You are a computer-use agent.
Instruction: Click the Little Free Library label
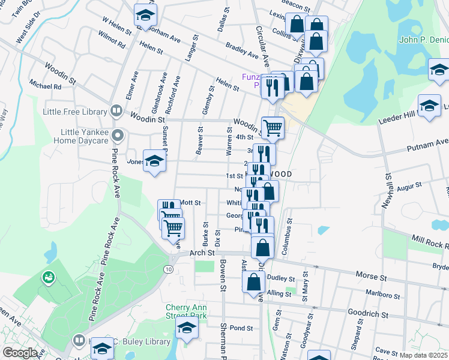point(74,111)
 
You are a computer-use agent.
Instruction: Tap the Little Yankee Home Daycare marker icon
point(117,135)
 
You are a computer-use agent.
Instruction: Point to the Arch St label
point(202,253)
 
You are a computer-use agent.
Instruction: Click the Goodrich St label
point(368,313)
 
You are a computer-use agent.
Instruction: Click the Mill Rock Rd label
point(428,243)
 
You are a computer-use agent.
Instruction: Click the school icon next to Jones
point(154,161)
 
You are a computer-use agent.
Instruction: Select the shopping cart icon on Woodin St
point(272,127)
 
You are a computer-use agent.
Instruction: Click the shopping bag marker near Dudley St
point(254,281)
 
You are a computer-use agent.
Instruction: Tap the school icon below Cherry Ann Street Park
point(187,328)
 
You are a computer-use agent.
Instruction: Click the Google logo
point(20,353)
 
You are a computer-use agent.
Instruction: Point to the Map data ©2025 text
point(423,355)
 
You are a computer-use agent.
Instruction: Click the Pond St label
point(241,328)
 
